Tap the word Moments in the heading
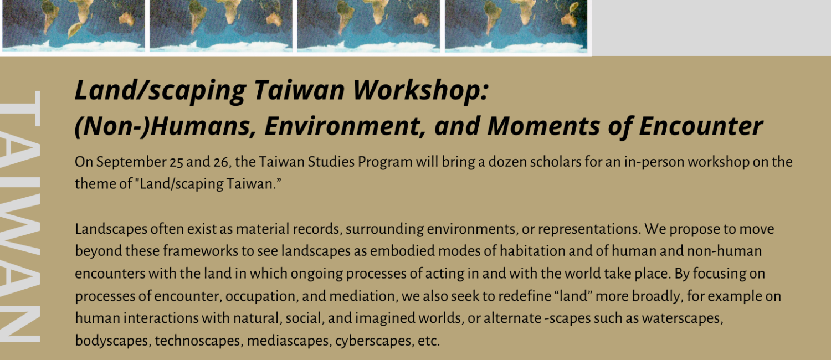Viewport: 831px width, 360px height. [x=543, y=126]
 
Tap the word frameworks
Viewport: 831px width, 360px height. [x=201, y=251]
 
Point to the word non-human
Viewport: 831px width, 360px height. [x=724, y=251]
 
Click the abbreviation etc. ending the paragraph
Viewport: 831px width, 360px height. [x=428, y=341]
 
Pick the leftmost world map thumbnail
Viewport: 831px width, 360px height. [x=74, y=25]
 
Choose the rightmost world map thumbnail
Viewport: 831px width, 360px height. [x=516, y=25]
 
